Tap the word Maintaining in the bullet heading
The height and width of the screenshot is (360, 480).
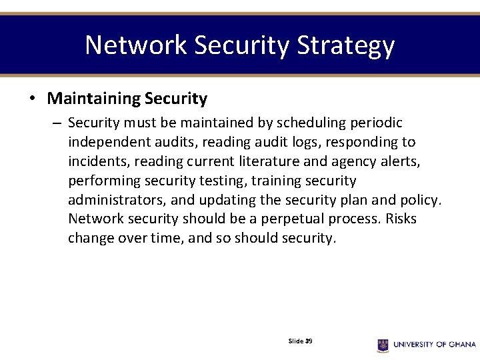(93, 99)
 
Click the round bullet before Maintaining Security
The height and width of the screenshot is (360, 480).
(32, 99)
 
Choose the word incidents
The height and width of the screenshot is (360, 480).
(95, 162)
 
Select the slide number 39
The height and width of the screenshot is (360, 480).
(309, 341)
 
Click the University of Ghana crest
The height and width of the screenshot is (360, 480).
(383, 345)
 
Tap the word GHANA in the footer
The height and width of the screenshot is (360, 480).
(461, 345)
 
